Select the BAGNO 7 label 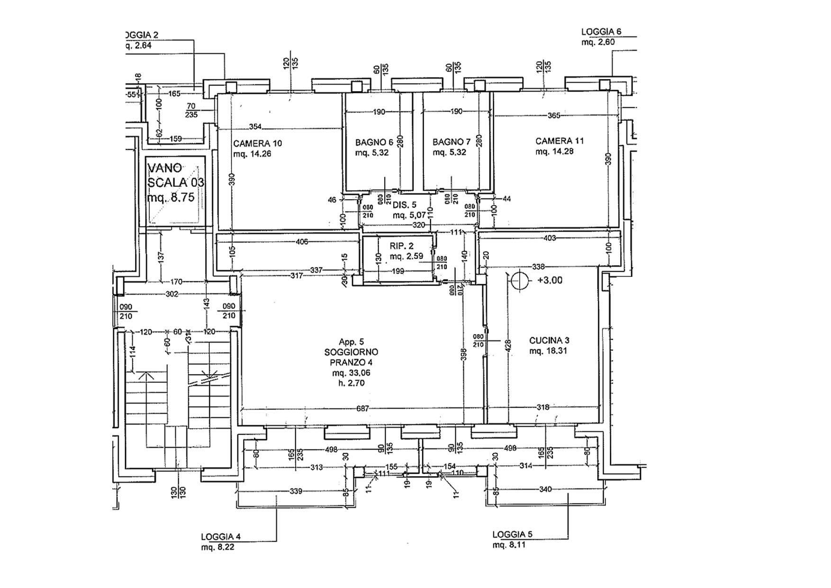(x=451, y=142)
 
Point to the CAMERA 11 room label (x=560, y=141)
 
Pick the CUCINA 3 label (x=549, y=340)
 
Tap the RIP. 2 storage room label (x=402, y=246)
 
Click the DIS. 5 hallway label (x=404, y=205)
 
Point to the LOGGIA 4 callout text (x=221, y=537)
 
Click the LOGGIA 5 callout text (x=512, y=534)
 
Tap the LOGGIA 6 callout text (x=601, y=32)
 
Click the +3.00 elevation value (x=550, y=280)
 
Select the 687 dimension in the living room (x=362, y=408)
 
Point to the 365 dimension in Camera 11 (x=553, y=115)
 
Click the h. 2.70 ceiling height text (x=351, y=383)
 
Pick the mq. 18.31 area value (x=548, y=351)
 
